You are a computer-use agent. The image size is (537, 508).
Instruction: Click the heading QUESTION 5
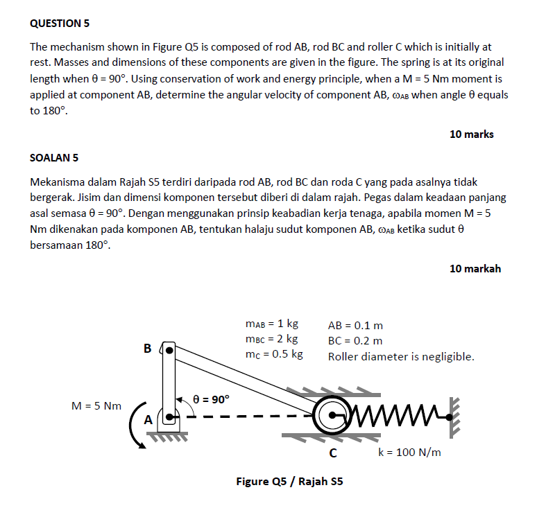pyautogui.click(x=60, y=24)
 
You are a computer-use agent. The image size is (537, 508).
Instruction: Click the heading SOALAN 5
pyautogui.click(x=54, y=157)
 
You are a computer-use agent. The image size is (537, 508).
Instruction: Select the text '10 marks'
pyautogui.click(x=471, y=134)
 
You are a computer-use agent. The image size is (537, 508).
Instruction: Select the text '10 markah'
pyautogui.click(x=475, y=268)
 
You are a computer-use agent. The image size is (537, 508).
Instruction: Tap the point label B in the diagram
pyautogui.click(x=147, y=349)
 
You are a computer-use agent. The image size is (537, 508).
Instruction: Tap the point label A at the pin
pyautogui.click(x=148, y=419)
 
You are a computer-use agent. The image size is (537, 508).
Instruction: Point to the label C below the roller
pyautogui.click(x=333, y=454)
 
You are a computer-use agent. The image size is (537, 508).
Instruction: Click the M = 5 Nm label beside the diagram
pyautogui.click(x=96, y=405)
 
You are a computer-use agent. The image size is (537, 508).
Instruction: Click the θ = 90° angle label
pyautogui.click(x=211, y=399)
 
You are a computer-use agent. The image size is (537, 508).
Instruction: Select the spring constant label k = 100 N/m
pyautogui.click(x=409, y=453)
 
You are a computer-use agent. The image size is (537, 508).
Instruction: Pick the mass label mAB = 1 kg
pyautogui.click(x=271, y=324)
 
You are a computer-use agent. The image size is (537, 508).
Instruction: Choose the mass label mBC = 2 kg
pyautogui.click(x=271, y=339)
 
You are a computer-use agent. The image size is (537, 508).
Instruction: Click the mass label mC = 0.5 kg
pyautogui.click(x=274, y=355)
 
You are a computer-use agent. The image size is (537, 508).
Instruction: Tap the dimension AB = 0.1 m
pyautogui.click(x=355, y=324)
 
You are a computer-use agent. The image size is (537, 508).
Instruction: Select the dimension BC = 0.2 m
pyautogui.click(x=355, y=340)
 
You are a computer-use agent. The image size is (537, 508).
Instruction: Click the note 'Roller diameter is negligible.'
pyautogui.click(x=401, y=357)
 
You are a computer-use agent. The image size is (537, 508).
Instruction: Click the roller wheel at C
pyautogui.click(x=333, y=416)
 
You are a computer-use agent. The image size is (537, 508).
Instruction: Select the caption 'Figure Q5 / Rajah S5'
pyautogui.click(x=289, y=481)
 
